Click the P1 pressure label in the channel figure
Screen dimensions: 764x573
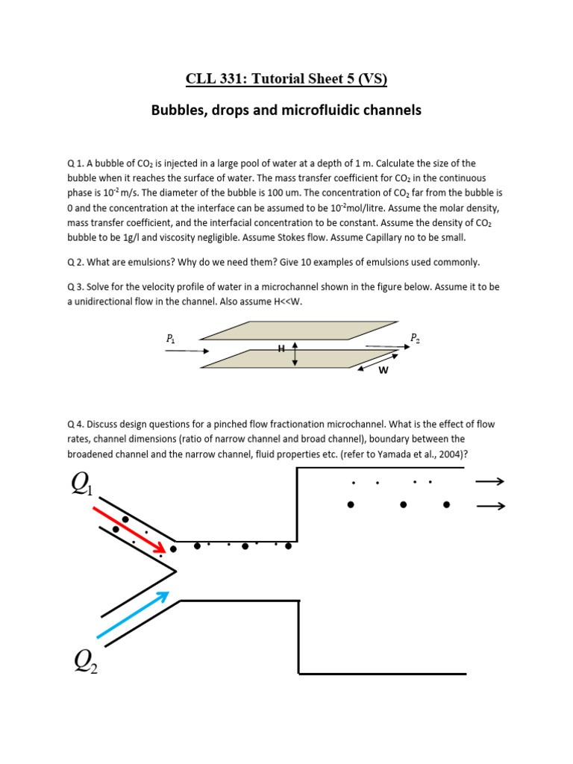point(171,339)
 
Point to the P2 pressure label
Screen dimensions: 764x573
point(415,338)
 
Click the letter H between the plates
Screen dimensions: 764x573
point(282,348)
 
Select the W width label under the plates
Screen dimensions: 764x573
point(383,369)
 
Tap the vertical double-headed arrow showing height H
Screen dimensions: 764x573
point(295,354)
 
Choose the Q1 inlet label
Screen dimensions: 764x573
point(82,484)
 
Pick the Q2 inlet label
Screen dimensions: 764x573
point(84,660)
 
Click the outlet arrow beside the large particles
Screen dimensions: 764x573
point(490,506)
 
